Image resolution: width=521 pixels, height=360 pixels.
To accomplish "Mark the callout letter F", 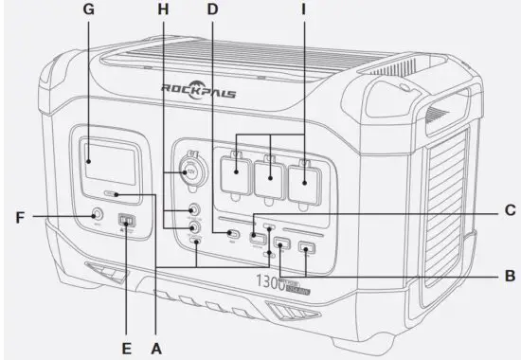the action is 19,217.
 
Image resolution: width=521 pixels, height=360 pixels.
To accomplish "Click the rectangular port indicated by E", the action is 126,224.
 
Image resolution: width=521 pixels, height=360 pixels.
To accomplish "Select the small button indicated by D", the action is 231,232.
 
